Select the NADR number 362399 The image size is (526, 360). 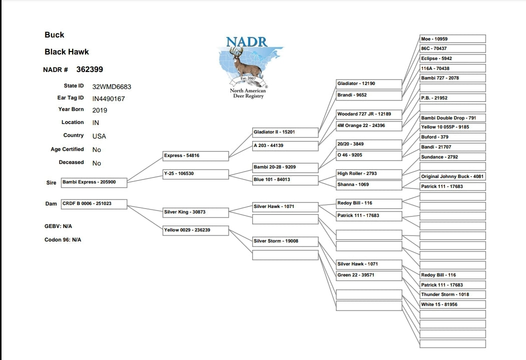pyautogui.click(x=90, y=69)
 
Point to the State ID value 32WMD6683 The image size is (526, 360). pyautogui.click(x=112, y=86)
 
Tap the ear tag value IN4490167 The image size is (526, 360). pyautogui.click(x=109, y=98)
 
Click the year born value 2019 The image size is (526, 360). pyautogui.click(x=100, y=110)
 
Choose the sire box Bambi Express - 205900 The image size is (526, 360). pyautogui.click(x=94, y=182)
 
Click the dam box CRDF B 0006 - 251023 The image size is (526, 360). pyautogui.click(x=94, y=204)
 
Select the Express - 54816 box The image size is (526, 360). pyautogui.click(x=196, y=156)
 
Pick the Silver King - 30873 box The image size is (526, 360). pyautogui.click(x=196, y=212)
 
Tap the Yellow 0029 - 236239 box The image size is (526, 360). pyautogui.click(x=196, y=230)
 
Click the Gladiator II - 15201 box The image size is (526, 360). pyautogui.click(x=285, y=132)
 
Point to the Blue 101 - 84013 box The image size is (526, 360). pyautogui.click(x=285, y=180)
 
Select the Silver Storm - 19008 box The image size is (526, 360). pyautogui.click(x=285, y=241)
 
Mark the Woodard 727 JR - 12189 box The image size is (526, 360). pyautogui.click(x=369, y=114)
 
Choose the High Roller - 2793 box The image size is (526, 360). pyautogui.click(x=369, y=174)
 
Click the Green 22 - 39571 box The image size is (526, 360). pyautogui.click(x=369, y=275)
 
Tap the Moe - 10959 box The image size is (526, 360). pyautogui.click(x=452, y=39)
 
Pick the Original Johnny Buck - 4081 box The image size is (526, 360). pyautogui.click(x=452, y=177)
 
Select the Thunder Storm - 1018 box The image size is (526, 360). pyautogui.click(x=452, y=295)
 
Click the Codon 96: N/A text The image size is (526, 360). pyautogui.click(x=63, y=240)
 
